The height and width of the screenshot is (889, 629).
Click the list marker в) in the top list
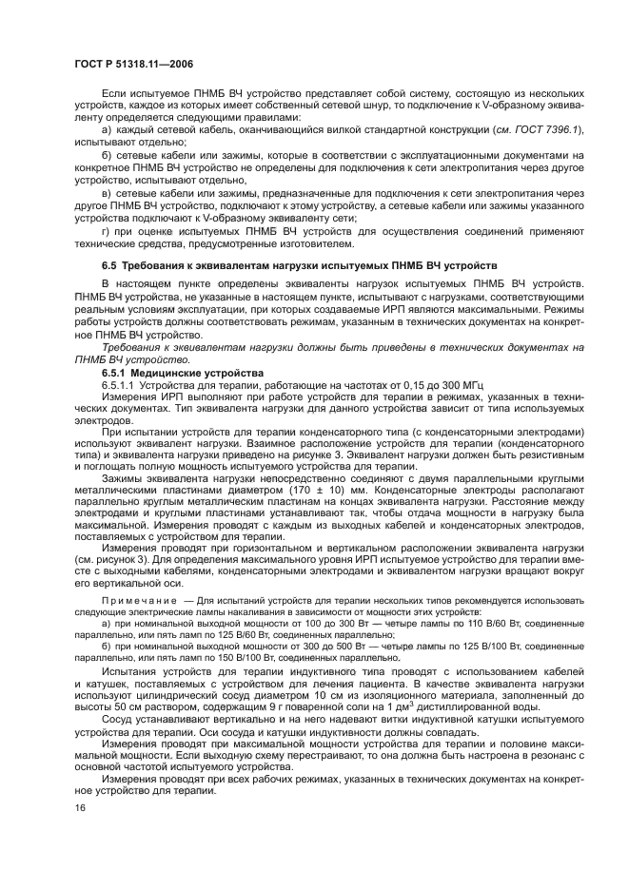pos(108,193)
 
